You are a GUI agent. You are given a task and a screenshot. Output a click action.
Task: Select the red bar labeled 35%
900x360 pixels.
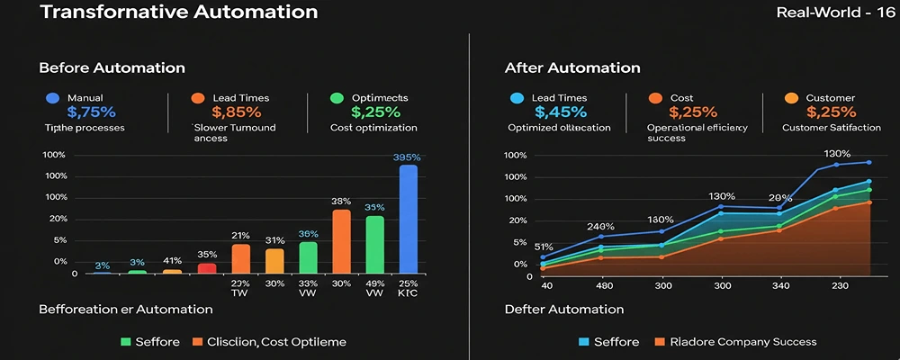tap(207, 267)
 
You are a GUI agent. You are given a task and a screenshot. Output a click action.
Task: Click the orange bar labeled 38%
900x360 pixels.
tap(341, 241)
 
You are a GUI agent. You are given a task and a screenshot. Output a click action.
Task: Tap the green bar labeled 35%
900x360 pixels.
tap(374, 244)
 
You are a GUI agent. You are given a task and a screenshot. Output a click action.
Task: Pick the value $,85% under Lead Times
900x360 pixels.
tap(236, 112)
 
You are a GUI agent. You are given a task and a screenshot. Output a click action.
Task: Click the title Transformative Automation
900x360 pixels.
tap(166, 13)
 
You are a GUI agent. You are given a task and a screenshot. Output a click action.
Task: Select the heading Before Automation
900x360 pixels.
tap(112, 68)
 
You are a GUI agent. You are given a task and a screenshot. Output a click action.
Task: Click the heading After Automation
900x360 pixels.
tap(572, 68)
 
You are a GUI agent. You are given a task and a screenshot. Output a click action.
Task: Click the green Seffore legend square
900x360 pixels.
tap(125, 342)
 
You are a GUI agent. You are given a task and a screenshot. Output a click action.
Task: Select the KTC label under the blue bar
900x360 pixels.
tap(409, 293)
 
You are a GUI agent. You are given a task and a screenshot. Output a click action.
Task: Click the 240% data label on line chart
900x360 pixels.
tap(600, 226)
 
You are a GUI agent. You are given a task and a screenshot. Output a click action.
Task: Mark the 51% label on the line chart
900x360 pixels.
tap(544, 247)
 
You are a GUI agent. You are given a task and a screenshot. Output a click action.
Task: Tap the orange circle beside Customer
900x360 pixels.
tap(792, 97)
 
